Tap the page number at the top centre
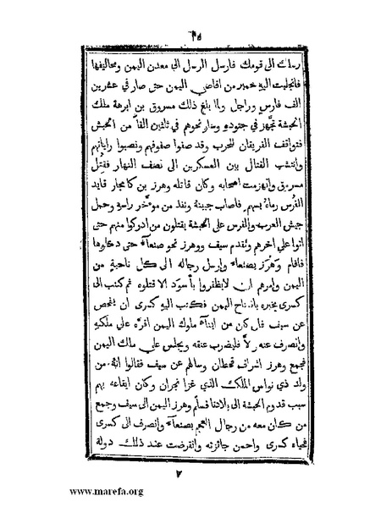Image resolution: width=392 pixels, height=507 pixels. pyautogui.click(x=197, y=15)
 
